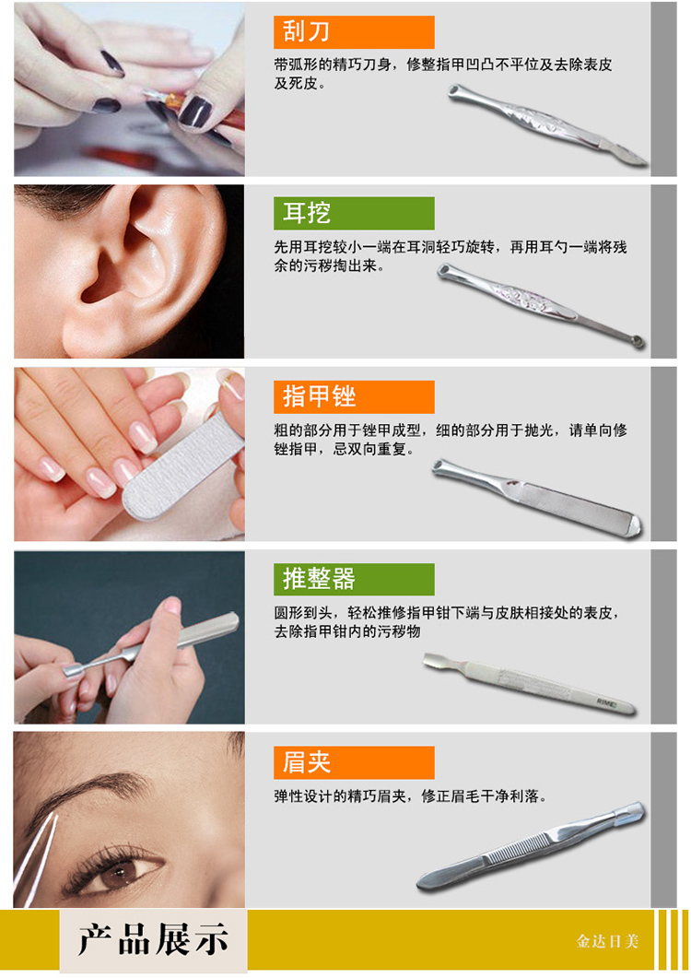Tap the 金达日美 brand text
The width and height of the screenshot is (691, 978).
[607, 941]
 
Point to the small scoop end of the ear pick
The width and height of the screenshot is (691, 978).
[638, 340]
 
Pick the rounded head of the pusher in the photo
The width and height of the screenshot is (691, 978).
[73, 671]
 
